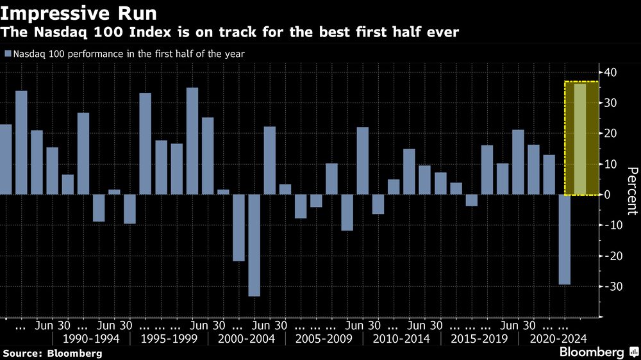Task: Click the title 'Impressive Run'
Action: coord(78,13)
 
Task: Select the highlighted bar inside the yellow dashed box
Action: coord(579,139)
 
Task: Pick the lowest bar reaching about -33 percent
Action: coord(254,245)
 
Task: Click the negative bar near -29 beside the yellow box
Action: coord(564,239)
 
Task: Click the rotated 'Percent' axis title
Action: coord(631,190)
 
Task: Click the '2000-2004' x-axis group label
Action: coord(247,338)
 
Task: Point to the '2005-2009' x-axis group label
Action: coord(324,338)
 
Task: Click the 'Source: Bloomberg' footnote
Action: coord(53,353)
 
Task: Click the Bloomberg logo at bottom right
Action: coord(596,352)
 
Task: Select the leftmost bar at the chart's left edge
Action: coord(6,159)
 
